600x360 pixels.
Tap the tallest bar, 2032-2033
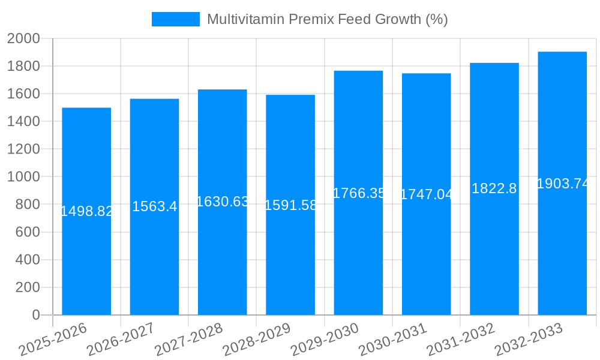coord(562,252)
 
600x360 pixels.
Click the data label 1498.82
coord(86,211)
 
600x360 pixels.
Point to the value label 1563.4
coord(154,206)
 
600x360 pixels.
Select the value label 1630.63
coord(223,202)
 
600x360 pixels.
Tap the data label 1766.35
coord(358,193)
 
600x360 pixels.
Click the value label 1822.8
coord(494,188)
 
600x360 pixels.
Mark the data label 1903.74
coord(562,184)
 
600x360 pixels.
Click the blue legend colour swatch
coord(175,19)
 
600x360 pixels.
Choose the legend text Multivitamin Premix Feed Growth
coord(327,19)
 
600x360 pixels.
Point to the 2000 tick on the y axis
coord(23,39)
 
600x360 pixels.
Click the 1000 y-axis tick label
coord(23,177)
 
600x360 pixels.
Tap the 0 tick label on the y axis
coord(35,315)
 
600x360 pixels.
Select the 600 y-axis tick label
coord(27,232)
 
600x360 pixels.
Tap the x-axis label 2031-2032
coord(461,340)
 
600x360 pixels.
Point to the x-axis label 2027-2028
coord(189,340)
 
